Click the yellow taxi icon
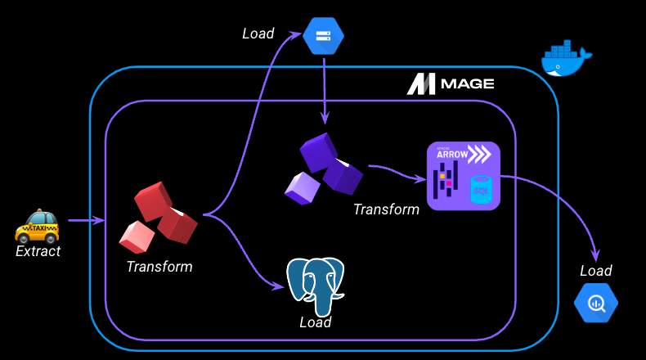pos(38,225)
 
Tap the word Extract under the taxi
pos(38,251)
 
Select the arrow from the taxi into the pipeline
pos(86,220)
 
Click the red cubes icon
pos(159,217)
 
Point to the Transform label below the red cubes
pos(159,267)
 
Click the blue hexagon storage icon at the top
pos(323,36)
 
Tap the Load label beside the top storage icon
pos(258,34)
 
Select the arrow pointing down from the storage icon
pos(325,90)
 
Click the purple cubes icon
pos(323,168)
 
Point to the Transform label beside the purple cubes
pos(386,209)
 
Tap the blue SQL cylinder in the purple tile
pos(480,190)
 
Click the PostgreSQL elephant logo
pos(315,286)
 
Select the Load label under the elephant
pos(315,322)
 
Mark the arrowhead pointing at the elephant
pos(278,286)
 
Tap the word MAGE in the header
pos(467,84)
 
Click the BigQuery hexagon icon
pos(595,303)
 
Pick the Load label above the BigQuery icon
pos(595,271)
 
